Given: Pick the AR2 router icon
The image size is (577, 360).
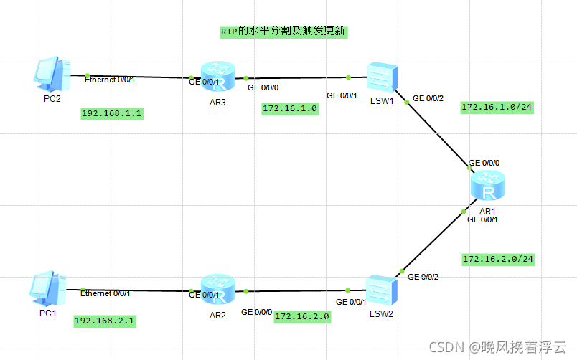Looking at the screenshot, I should pos(218,290).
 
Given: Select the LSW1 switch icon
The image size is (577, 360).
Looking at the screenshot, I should pos(380,76).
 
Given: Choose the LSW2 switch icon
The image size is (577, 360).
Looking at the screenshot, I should pos(381,289).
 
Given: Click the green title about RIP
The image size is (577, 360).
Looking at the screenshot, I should pos(283,32).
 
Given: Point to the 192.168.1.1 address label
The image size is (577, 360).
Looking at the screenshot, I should pos(113,114).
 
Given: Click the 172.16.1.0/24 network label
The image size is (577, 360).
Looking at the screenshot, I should pos(497,108).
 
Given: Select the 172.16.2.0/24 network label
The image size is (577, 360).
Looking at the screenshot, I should pos(498,258).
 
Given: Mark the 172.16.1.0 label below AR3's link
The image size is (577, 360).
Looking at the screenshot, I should pos(290,109).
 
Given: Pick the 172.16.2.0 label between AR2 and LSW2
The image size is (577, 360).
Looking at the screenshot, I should pos(301,316).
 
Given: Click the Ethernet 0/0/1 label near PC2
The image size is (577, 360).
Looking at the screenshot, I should pos(110,80).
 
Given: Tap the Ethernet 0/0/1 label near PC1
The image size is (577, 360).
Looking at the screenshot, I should pos(105,293).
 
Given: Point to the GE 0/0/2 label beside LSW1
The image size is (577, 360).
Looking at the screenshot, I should pos(428,98).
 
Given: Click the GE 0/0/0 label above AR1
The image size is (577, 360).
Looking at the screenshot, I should pos(484,163).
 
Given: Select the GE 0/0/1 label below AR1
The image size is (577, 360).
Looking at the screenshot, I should pos(482,219).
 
